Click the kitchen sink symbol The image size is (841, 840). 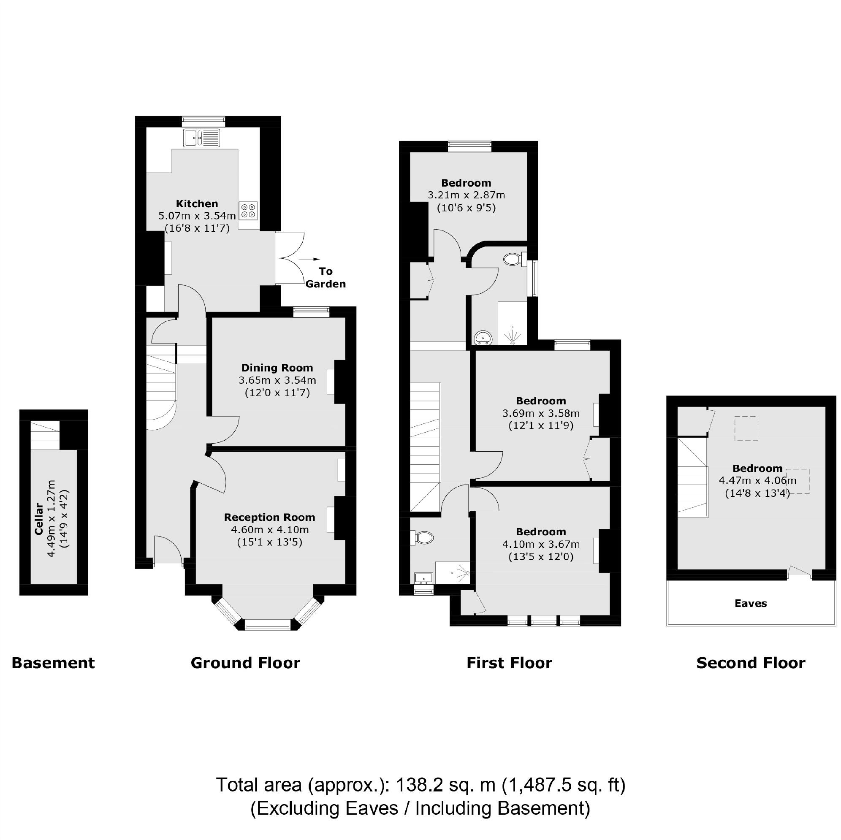(201, 138)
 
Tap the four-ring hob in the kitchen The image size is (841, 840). (248, 211)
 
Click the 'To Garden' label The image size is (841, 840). (326, 278)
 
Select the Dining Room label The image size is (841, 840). (277, 368)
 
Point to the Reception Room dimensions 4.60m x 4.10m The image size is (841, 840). (269, 530)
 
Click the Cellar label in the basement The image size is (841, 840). (39, 519)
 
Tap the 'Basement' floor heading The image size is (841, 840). (53, 663)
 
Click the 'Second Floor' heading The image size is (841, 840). (751, 663)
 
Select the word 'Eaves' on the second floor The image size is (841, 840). (751, 603)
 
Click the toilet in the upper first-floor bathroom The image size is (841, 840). (513, 260)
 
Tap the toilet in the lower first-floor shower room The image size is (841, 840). (424, 538)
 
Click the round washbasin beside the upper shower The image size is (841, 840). (483, 337)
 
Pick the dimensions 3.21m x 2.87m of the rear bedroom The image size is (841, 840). (466, 195)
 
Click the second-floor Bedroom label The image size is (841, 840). (757, 468)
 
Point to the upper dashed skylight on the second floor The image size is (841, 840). (746, 428)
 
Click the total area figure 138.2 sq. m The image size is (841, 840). (446, 785)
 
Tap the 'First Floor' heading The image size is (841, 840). (509, 663)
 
